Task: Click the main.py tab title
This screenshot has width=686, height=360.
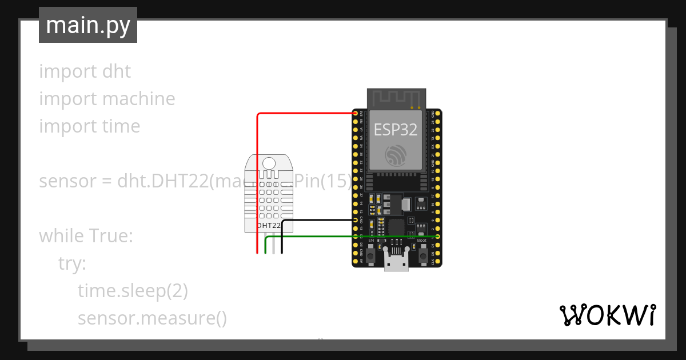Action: click(88, 25)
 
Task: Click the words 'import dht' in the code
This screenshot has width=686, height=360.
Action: click(85, 71)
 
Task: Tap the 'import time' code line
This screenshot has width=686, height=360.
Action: click(89, 126)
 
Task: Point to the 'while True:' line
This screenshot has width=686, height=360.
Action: click(86, 236)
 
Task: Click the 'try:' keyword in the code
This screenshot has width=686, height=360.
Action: click(72, 263)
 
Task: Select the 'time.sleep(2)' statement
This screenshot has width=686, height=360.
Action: click(133, 291)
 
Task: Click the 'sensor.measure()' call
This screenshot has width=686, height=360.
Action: click(152, 318)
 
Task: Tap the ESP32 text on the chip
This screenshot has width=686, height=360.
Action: click(396, 130)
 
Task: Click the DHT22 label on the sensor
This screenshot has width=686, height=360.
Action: click(269, 226)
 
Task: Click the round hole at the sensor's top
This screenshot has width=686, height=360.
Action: click(269, 163)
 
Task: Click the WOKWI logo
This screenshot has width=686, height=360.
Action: click(607, 315)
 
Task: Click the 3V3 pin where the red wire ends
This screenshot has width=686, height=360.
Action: click(356, 114)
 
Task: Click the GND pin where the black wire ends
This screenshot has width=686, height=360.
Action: click(356, 220)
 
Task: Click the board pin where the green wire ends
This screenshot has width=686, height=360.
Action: click(437, 236)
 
